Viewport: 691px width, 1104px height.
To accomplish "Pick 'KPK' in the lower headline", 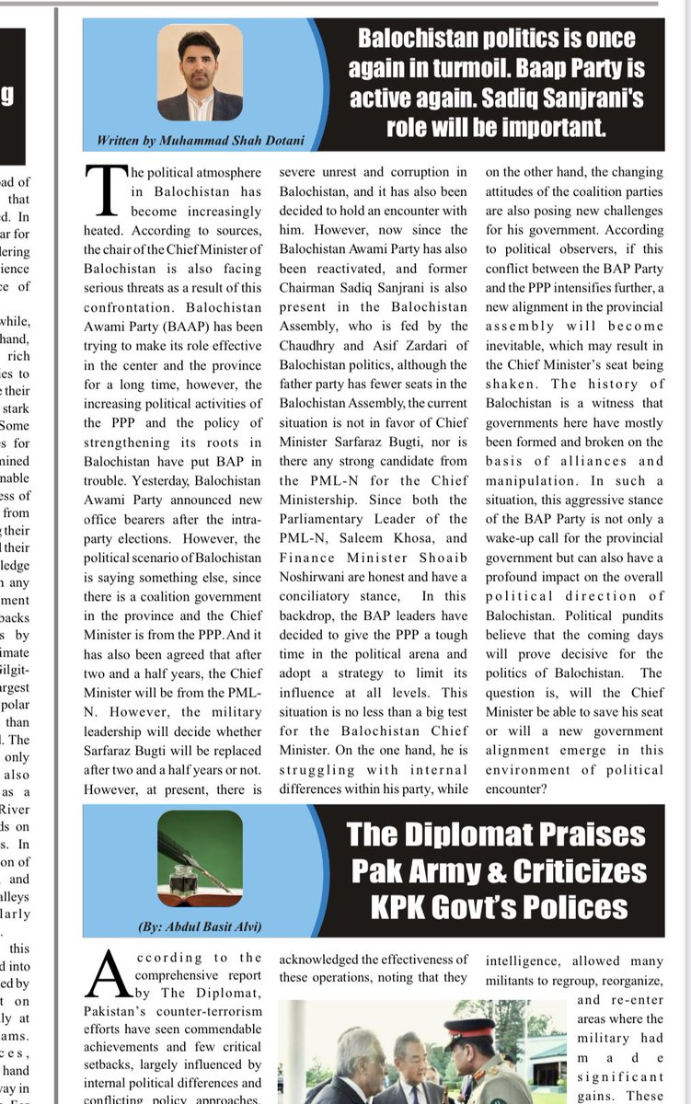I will [402, 907].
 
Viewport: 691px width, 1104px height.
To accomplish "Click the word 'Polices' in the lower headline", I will [572, 907].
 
